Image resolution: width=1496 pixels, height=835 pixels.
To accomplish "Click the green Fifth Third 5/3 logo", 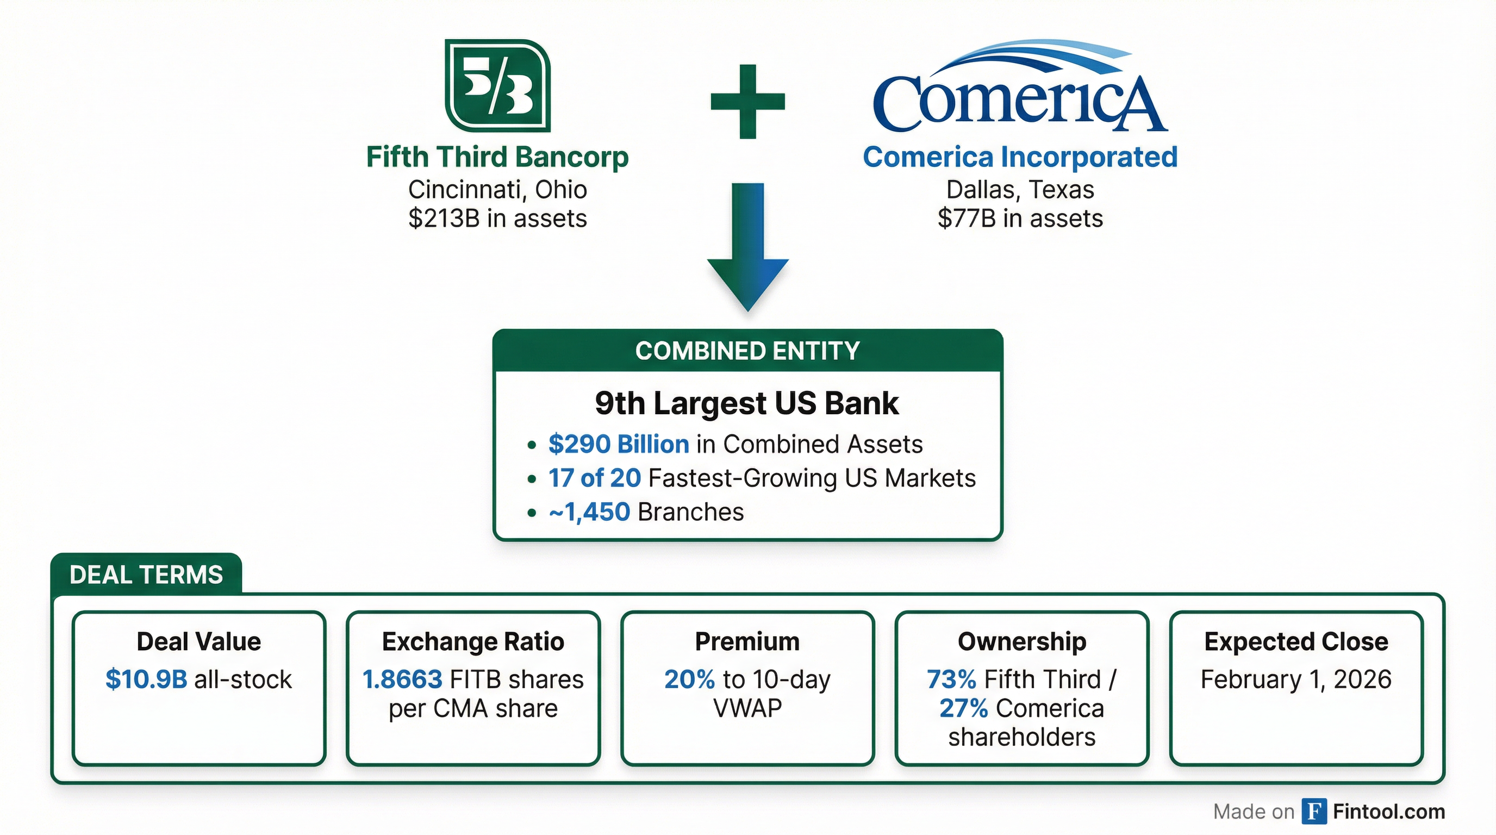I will [497, 85].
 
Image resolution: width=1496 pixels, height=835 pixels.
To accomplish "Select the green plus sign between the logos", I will [747, 102].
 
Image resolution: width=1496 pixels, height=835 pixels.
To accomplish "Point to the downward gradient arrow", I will [747, 247].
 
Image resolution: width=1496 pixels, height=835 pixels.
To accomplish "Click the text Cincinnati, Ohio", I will [497, 189].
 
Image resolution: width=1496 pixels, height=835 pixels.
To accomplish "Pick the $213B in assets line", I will [497, 219].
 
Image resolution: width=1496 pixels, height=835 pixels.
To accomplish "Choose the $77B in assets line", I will [1020, 219].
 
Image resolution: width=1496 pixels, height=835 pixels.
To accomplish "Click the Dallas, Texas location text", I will [1020, 189].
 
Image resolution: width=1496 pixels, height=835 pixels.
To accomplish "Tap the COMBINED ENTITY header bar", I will [747, 351].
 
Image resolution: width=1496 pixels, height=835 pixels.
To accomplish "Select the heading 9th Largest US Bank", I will [747, 403].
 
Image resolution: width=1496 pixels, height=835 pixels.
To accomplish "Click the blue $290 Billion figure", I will [619, 444].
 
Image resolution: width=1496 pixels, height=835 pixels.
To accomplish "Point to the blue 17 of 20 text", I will [594, 478].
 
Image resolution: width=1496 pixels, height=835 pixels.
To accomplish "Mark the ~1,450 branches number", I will [589, 512].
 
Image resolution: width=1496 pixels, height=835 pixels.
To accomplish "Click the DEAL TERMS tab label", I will [146, 575].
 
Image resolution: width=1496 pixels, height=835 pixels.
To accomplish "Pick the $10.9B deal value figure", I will [146, 679].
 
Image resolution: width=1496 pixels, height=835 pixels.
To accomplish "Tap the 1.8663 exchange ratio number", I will [402, 679].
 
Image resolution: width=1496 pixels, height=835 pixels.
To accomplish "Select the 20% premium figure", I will [689, 679].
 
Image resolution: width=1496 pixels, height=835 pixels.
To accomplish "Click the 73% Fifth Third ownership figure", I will [951, 679].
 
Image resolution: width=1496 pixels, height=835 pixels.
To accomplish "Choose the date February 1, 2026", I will [1295, 679].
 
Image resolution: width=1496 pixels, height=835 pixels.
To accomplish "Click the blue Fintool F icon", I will [1314, 811].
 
